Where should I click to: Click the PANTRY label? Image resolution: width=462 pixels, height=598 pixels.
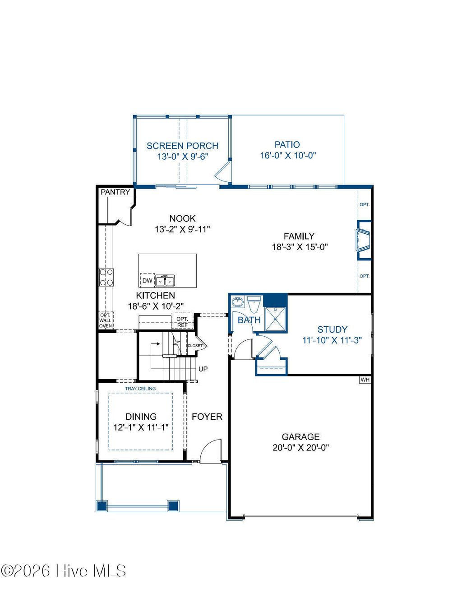click(x=115, y=192)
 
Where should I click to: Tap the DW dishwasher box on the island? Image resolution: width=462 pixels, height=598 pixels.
click(x=148, y=280)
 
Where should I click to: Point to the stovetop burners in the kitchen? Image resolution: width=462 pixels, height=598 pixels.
click(x=106, y=277)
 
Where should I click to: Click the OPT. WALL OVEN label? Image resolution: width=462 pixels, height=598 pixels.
click(x=106, y=320)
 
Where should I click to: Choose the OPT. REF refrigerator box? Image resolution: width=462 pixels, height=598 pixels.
click(x=182, y=322)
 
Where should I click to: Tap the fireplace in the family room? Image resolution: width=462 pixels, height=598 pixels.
click(x=363, y=240)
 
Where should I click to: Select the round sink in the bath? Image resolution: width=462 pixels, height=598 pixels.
click(x=238, y=302)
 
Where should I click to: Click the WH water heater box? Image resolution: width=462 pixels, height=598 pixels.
click(x=365, y=380)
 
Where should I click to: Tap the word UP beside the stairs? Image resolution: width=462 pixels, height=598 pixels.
click(x=203, y=369)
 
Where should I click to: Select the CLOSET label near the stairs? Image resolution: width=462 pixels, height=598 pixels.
click(x=195, y=346)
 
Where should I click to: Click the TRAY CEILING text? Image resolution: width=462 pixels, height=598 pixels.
click(x=140, y=388)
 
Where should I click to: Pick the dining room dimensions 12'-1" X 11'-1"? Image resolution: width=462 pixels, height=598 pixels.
click(x=141, y=427)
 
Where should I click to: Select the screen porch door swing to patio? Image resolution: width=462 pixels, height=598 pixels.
click(x=223, y=172)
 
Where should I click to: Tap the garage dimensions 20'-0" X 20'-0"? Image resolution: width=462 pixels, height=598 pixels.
click(x=300, y=447)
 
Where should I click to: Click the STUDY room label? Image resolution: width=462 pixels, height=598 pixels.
click(x=332, y=329)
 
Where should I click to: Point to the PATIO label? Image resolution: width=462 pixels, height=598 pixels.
click(x=287, y=144)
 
